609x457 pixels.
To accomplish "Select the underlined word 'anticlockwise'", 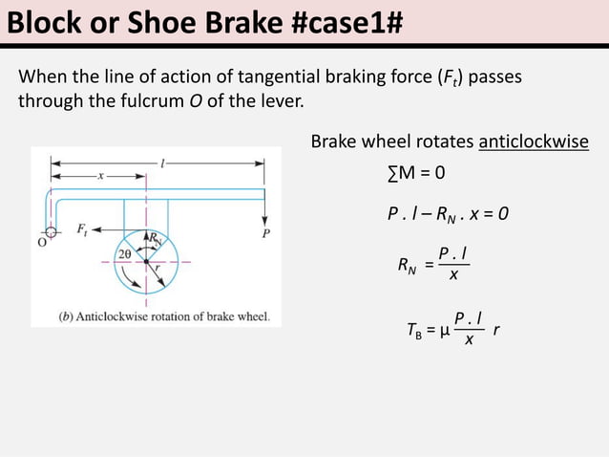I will [534, 142].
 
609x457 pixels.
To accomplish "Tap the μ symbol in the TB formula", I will [445, 333].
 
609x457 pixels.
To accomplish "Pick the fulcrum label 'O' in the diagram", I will [41, 242].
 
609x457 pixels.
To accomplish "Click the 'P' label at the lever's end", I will [264, 232].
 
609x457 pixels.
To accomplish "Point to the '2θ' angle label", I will [124, 254].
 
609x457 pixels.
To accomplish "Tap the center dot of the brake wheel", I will [145, 260].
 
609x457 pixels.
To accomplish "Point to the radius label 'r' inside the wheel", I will [156, 270].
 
